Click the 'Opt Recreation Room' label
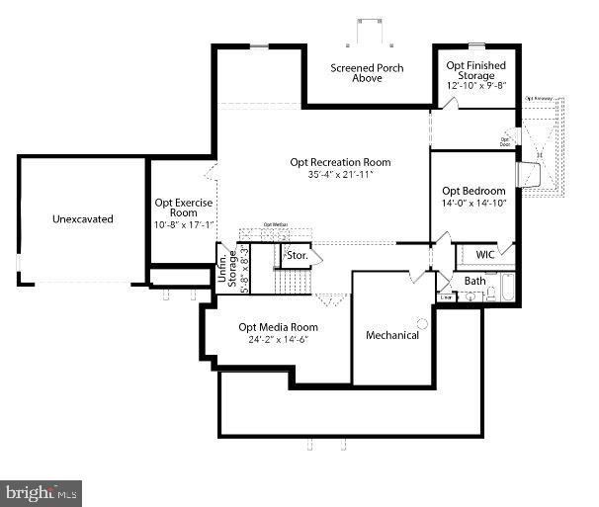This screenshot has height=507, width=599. click(x=340, y=162)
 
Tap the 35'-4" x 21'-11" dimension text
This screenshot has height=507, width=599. click(x=340, y=175)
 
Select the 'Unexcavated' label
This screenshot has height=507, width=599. click(x=83, y=218)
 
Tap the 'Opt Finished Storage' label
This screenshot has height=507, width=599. click(x=475, y=71)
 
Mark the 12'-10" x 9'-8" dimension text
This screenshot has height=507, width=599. click(x=475, y=86)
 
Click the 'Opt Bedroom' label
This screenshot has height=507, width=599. click(x=473, y=191)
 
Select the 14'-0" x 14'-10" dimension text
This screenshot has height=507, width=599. click(x=473, y=204)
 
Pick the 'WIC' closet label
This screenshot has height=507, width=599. click(x=484, y=254)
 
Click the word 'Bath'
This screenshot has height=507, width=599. click(x=475, y=282)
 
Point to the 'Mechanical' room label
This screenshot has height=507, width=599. click(x=392, y=335)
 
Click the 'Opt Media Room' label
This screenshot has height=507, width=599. click(x=278, y=327)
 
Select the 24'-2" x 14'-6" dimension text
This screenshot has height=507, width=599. click(x=278, y=340)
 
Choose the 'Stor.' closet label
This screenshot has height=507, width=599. click(x=298, y=256)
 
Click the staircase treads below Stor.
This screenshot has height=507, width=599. click(x=294, y=283)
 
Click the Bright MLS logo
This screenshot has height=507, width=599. click(x=42, y=491)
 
